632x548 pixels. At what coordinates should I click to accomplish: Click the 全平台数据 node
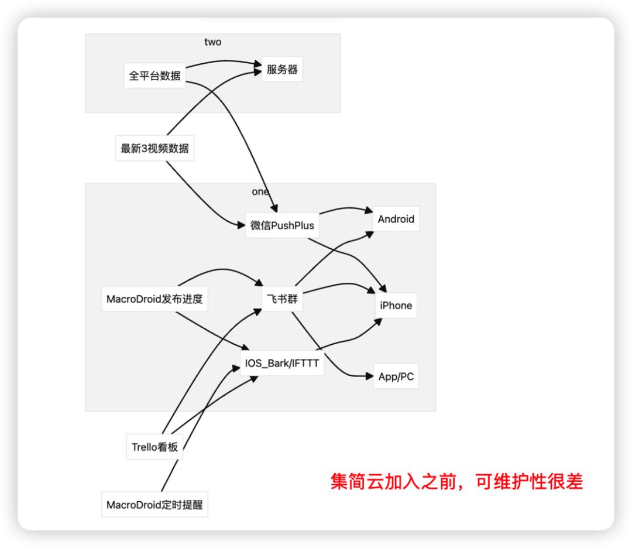click(155, 76)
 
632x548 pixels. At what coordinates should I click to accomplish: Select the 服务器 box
click(282, 70)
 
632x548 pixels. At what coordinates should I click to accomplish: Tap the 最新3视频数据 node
click(155, 148)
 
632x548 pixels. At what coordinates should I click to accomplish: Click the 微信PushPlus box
click(282, 225)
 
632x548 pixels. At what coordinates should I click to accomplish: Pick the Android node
click(396, 220)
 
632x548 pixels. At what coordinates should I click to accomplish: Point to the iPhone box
click(396, 305)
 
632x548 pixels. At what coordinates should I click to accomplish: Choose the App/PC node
click(396, 376)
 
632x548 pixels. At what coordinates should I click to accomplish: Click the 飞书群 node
click(282, 298)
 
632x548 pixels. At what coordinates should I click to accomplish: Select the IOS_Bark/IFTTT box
click(282, 364)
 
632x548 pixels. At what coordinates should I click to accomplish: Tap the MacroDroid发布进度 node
click(154, 300)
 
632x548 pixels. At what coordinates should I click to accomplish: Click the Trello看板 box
click(154, 448)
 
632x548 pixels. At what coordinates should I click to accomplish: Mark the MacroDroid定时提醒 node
click(154, 505)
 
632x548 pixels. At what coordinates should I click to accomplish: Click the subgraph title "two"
click(213, 42)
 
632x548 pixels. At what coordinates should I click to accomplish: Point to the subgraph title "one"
click(260, 191)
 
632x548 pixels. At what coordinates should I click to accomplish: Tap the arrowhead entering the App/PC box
click(369, 376)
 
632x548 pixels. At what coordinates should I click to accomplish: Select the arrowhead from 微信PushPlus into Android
click(369, 211)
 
